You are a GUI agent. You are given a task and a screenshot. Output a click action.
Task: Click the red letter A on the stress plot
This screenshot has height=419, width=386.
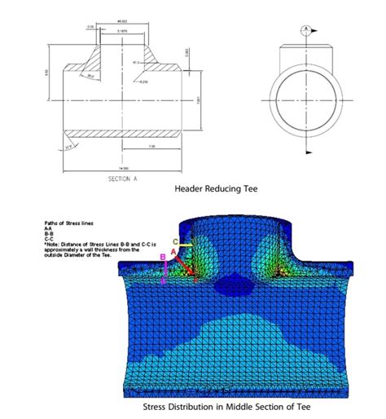click(173, 254)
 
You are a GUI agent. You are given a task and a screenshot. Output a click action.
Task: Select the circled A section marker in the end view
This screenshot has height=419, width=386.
click(306, 29)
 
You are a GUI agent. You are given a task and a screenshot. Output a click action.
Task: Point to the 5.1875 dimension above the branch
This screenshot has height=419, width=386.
click(121, 31)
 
